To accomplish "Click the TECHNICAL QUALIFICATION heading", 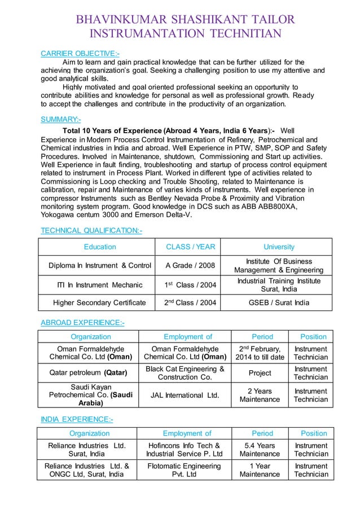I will click(91, 230).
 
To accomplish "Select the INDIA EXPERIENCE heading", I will click(77, 419).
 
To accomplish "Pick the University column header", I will click(279, 247).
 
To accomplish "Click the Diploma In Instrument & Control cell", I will click(100, 265).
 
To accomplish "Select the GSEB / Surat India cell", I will click(279, 302).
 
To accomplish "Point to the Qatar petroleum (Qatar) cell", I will click(87, 372).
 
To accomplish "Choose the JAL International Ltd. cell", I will click(185, 395).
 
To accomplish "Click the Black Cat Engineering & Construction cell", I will click(185, 372).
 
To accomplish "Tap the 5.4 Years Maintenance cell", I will click(262, 449).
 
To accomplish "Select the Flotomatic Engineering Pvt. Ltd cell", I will click(184, 469).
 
